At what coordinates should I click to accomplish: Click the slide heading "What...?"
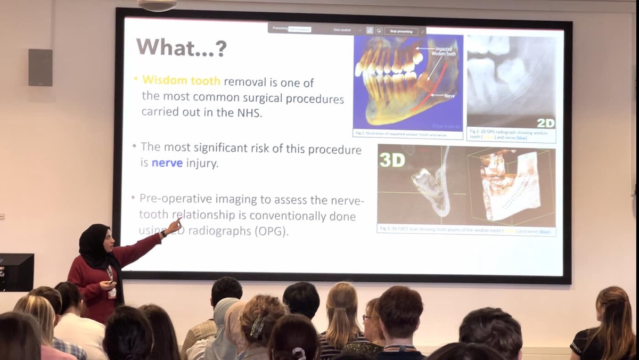(181, 48)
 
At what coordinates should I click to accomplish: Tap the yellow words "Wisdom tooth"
(181, 81)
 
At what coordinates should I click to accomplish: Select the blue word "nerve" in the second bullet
(167, 163)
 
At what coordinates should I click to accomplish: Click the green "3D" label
(392, 160)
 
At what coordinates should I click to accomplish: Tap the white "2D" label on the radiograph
(545, 123)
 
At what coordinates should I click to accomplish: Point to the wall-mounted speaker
(40, 67)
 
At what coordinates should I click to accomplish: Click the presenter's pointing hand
(174, 227)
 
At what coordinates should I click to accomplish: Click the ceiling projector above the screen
(157, 5)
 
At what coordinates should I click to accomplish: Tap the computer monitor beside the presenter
(16, 272)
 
